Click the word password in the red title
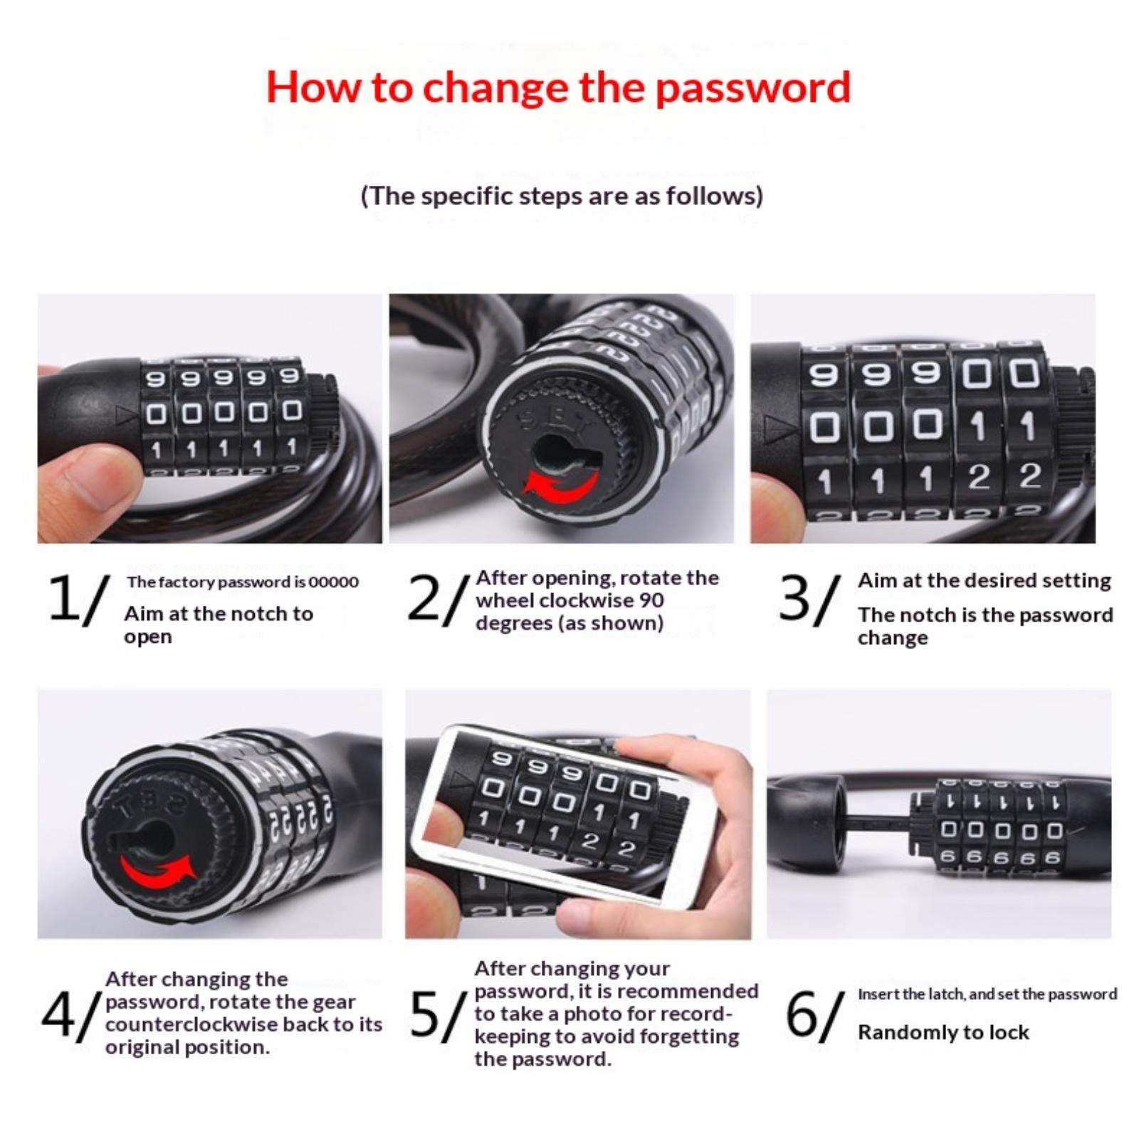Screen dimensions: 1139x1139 click(x=752, y=88)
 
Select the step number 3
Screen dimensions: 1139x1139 click(x=795, y=598)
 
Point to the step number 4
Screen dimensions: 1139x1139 click(x=57, y=1014)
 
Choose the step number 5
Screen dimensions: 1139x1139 click(x=426, y=1015)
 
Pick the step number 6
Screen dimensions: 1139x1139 click(x=802, y=1015)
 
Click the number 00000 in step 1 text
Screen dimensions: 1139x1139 click(x=334, y=582)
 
